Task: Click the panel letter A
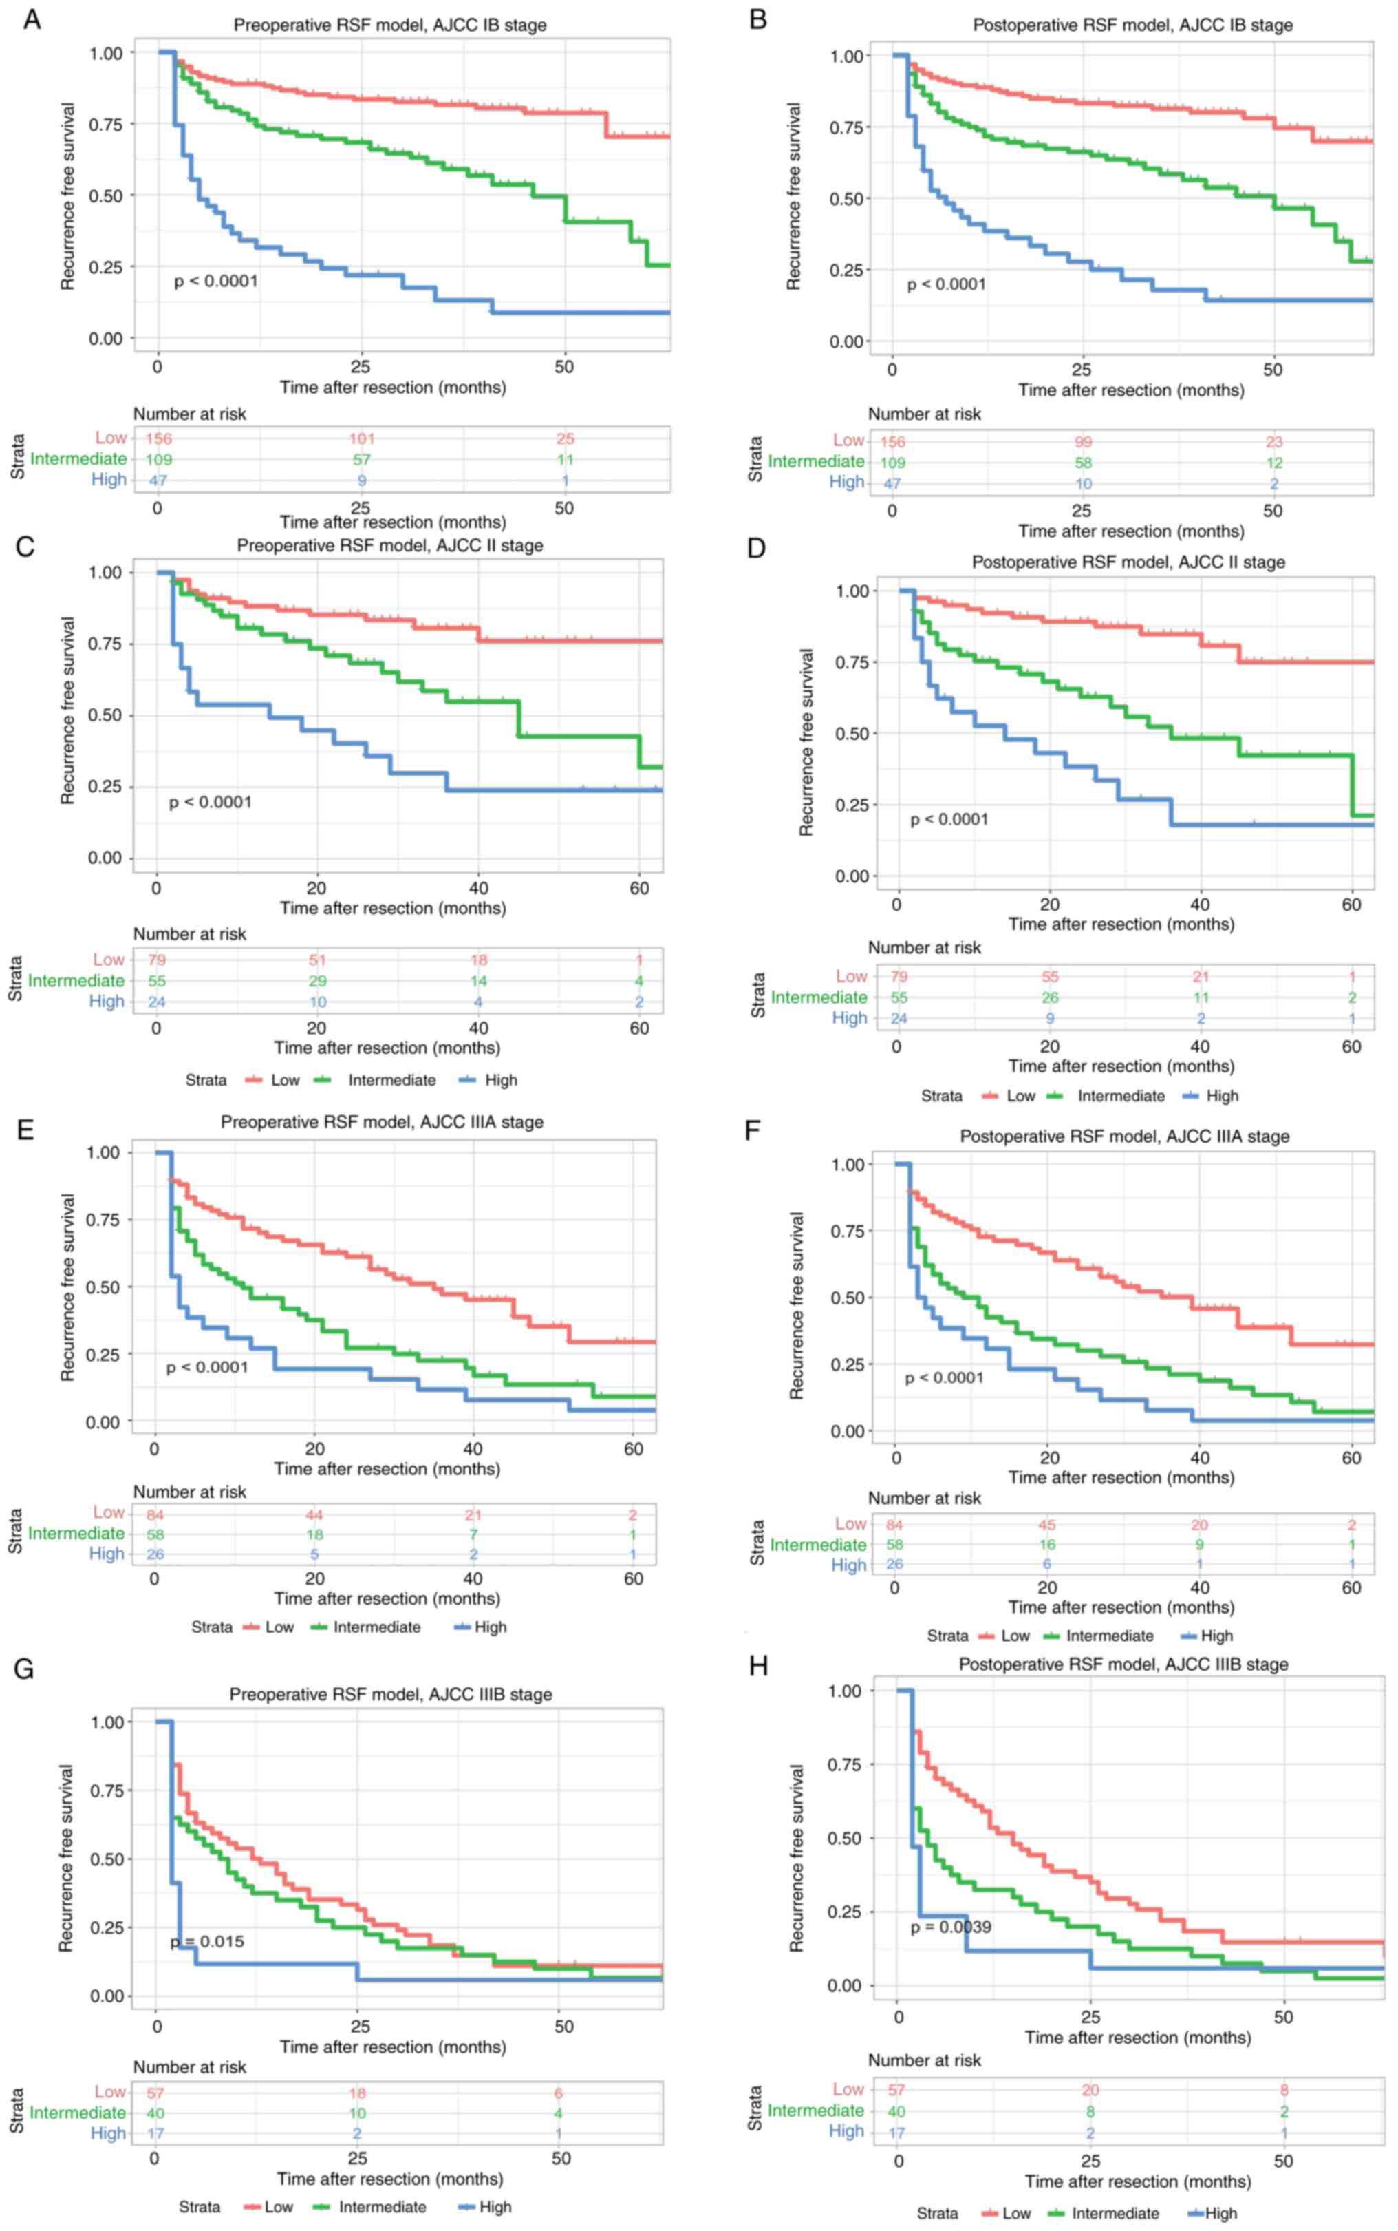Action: [32, 19]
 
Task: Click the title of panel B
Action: [1132, 25]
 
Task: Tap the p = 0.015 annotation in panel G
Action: [208, 1941]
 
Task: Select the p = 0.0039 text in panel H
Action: [951, 1927]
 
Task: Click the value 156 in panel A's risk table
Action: [158, 438]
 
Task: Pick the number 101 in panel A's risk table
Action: [361, 438]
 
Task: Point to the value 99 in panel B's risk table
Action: [1083, 442]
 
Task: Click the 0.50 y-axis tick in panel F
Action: [847, 1298]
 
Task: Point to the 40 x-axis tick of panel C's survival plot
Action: [478, 888]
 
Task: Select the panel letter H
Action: [758, 1666]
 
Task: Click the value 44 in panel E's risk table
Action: [315, 1515]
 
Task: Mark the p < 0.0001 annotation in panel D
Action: [949, 820]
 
